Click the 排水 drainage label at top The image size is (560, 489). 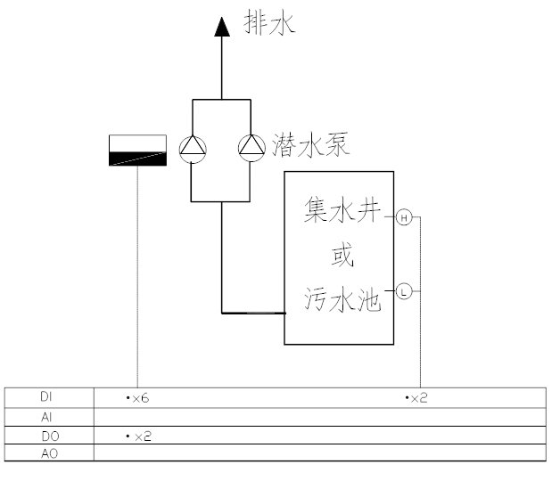click(x=269, y=22)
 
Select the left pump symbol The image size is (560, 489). click(x=193, y=148)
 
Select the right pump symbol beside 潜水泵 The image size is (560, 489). click(x=251, y=148)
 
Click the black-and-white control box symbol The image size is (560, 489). click(x=137, y=151)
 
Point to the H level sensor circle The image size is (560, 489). click(x=403, y=217)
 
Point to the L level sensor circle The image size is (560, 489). click(x=403, y=291)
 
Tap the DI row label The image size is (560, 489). click(x=48, y=396)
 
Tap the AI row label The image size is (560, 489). click(x=48, y=415)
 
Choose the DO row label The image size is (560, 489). click(x=48, y=435)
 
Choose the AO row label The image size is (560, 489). click(x=48, y=452)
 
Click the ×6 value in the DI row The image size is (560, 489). click(x=137, y=397)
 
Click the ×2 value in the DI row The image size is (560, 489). click(x=416, y=397)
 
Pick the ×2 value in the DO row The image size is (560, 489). click(x=140, y=436)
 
